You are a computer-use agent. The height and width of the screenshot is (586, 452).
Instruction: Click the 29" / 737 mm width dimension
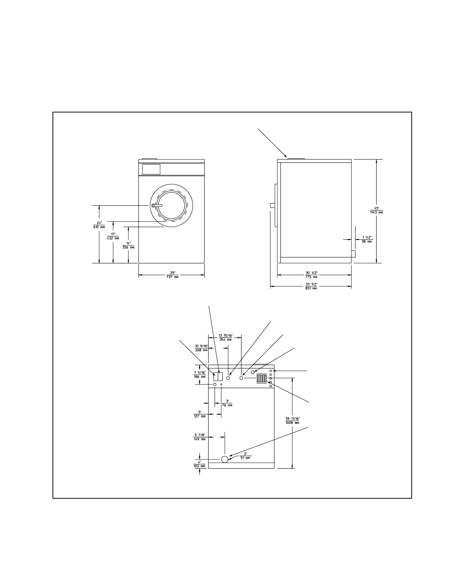coord(172,275)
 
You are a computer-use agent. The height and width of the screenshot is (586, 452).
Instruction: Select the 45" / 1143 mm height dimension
coord(376,210)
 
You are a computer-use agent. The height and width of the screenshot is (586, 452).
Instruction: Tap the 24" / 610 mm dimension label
coord(99,225)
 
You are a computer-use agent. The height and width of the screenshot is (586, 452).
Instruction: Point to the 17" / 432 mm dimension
coord(113,236)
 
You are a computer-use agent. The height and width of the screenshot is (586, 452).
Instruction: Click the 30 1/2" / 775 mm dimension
coord(312,275)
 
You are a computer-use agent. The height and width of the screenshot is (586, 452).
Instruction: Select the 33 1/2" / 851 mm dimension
coord(312,286)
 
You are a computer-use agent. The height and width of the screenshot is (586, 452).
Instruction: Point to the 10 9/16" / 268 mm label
coord(202,348)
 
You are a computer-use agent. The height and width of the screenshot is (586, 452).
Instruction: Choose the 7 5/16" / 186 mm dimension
coord(200,374)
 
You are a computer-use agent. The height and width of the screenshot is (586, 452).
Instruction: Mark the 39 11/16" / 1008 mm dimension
coord(292,420)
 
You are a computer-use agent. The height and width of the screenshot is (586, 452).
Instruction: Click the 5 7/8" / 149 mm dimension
coord(200,437)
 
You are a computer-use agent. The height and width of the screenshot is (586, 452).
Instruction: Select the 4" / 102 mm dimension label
coord(200,464)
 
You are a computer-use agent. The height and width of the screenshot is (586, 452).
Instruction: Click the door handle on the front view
coord(157,205)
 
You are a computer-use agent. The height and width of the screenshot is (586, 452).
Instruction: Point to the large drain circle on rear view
coord(225,459)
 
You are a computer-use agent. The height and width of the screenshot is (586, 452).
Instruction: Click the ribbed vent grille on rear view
coord(262,379)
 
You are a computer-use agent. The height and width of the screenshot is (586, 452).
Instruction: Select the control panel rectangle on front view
coord(151,169)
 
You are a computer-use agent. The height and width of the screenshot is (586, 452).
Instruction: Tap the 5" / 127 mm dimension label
coord(200,414)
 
